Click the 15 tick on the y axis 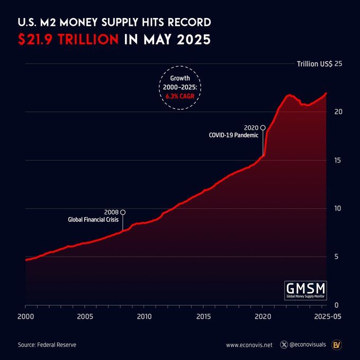coord(338,160)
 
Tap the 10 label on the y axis coord(338,208)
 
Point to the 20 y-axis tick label coord(338,112)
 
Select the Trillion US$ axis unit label coord(314,64)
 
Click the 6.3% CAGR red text coord(180,97)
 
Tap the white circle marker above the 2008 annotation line coord(123,212)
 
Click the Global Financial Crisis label coord(94,220)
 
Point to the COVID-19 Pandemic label coord(233,135)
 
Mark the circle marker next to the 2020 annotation coord(263,128)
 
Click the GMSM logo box coord(305,290)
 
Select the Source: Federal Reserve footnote coord(47,345)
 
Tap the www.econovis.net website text coord(249,345)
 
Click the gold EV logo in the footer coord(336,345)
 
